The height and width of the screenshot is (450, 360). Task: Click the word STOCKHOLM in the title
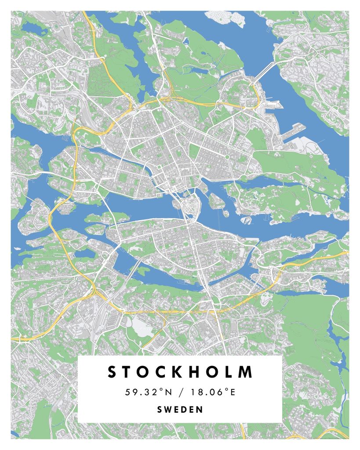(x=180, y=372)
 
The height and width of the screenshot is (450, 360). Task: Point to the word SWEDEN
(x=180, y=410)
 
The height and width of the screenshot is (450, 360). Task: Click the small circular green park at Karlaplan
(x=227, y=157)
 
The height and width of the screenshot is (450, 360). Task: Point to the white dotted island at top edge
(x=226, y=18)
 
